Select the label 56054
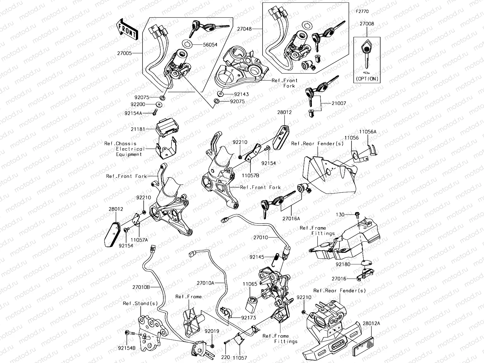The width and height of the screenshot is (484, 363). [210, 44]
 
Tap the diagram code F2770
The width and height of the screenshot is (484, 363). [362, 11]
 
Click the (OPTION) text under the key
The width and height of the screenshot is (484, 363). [367, 79]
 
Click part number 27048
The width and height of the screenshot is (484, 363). [244, 29]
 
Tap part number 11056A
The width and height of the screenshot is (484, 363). [368, 132]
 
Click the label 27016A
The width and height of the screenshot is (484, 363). [291, 218]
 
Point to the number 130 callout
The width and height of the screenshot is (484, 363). [340, 214]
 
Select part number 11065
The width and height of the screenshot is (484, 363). [250, 284]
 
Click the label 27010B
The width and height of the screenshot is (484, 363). [141, 287]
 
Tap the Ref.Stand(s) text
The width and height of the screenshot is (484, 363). [140, 303]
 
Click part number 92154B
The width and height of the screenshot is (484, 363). [127, 348]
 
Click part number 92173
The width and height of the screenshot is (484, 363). [249, 318]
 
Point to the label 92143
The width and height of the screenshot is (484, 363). [241, 94]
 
